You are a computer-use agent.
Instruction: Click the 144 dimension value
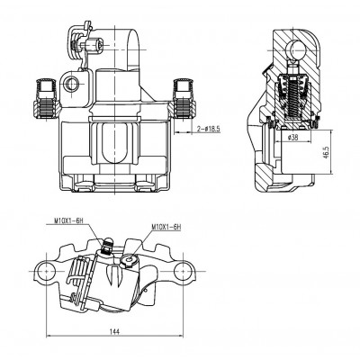pyautogui.click(x=114, y=331)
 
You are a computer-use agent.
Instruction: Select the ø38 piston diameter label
pyautogui.click(x=292, y=138)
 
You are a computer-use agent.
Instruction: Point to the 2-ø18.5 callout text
pyautogui.click(x=208, y=129)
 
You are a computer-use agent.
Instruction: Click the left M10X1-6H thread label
pyautogui.click(x=67, y=220)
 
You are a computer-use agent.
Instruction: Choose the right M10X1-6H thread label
pyautogui.click(x=166, y=227)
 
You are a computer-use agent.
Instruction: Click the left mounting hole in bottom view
pyautogui.click(x=47, y=271)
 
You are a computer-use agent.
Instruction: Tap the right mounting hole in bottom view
pyautogui.click(x=183, y=271)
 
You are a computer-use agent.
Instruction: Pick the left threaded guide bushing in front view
pyautogui.click(x=46, y=99)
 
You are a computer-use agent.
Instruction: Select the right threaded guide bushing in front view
pyautogui.click(x=184, y=98)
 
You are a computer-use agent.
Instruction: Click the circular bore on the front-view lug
pyautogui.click(x=72, y=84)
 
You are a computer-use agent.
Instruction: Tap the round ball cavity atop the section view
pyautogui.click(x=295, y=50)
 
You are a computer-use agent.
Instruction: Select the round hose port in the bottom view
pyautogui.click(x=130, y=259)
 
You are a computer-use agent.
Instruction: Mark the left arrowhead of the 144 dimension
pyautogui.click(x=49, y=336)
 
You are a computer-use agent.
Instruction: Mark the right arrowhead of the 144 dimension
pyautogui.click(x=180, y=336)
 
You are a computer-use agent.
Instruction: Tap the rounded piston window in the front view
pyautogui.click(x=115, y=143)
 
